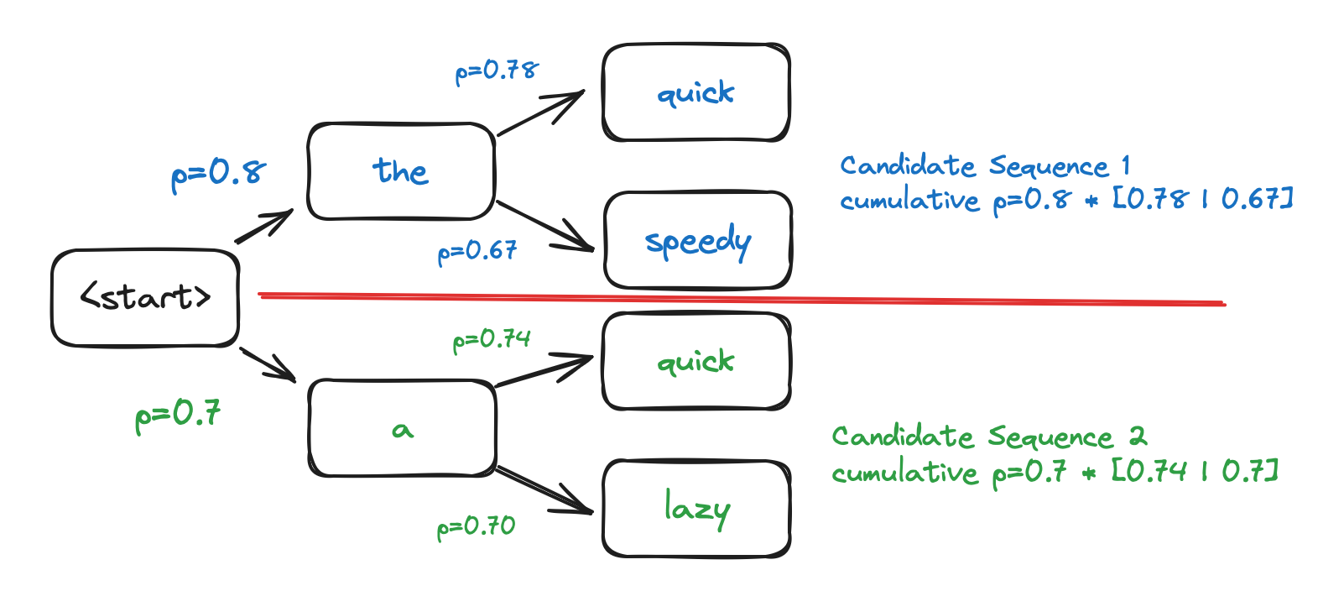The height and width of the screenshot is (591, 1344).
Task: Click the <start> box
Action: coord(145,297)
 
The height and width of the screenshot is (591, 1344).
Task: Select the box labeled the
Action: coord(401,171)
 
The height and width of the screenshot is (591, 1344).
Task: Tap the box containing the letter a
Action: coord(402,429)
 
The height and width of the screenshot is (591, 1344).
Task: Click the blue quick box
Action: coord(695,92)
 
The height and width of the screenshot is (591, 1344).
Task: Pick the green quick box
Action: coord(695,362)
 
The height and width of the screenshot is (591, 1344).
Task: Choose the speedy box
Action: coord(697,242)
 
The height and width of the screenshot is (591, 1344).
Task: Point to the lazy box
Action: coord(695,509)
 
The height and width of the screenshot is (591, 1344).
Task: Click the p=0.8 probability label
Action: coord(218,173)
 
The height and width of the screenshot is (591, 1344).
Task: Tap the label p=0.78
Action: coord(497,71)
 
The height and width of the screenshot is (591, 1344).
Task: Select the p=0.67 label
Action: coord(477,251)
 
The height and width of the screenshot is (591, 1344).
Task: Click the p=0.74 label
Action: coord(492,340)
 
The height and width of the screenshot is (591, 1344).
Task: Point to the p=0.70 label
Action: coord(476,527)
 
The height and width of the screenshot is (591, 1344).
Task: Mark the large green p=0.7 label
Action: coord(178,414)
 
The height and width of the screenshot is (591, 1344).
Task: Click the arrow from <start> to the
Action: coord(263,227)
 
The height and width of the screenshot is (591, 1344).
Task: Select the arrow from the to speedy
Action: coord(545,226)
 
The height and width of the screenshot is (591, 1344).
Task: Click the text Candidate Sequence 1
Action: coord(985,165)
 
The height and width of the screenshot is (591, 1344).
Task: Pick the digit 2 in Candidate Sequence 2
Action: coord(1137,436)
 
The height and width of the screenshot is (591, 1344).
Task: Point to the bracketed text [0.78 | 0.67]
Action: coord(1202,199)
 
